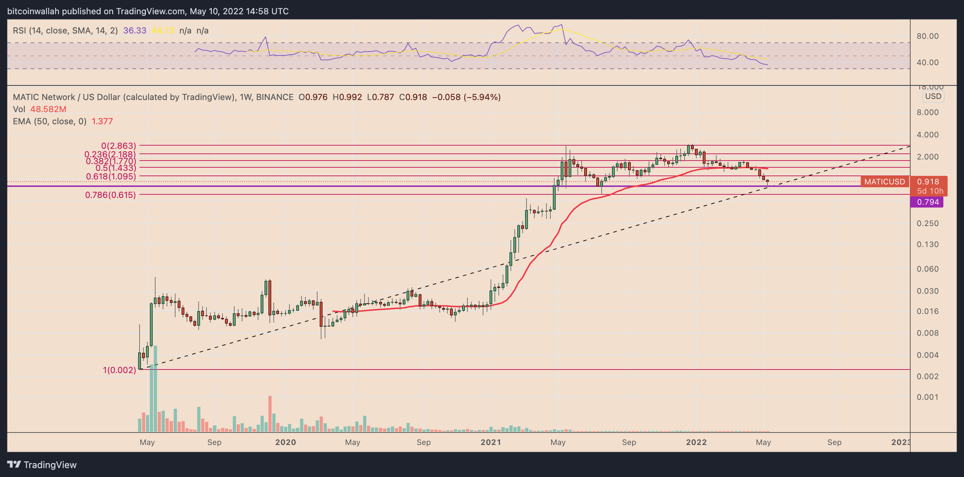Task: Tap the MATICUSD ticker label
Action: point(884,182)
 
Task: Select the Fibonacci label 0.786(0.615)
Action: point(110,195)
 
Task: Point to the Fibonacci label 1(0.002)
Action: point(119,370)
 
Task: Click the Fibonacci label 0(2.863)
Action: point(119,146)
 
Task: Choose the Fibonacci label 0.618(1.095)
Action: point(111,176)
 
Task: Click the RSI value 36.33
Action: point(135,31)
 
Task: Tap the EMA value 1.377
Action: point(102,121)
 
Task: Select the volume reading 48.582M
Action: point(48,109)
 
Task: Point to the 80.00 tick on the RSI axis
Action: point(927,36)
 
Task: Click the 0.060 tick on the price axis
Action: point(927,269)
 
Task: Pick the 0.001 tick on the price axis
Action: point(927,397)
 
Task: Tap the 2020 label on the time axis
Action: point(285,442)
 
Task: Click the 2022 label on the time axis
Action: point(696,442)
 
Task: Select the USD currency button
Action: point(933,96)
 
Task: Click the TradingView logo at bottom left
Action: point(42,465)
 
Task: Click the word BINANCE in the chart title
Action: point(275,97)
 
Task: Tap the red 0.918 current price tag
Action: point(928,182)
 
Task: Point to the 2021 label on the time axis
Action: point(491,442)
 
